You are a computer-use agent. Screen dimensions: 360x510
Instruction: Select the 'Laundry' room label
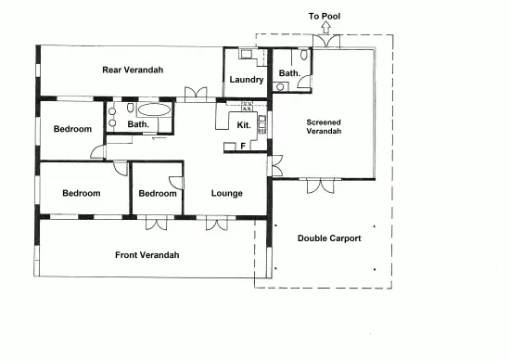click(247, 80)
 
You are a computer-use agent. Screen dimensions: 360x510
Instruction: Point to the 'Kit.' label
click(244, 124)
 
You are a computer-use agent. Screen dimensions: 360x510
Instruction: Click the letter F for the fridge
click(243, 146)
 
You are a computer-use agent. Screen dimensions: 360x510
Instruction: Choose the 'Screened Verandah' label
click(325, 126)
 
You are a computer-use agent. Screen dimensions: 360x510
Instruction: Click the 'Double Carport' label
click(329, 238)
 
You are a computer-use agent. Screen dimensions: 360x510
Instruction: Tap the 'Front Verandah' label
click(147, 255)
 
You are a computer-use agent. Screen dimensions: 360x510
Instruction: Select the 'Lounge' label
click(226, 193)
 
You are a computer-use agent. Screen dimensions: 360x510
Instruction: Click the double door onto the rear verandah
click(196, 94)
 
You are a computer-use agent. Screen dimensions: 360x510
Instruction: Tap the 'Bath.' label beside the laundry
click(289, 72)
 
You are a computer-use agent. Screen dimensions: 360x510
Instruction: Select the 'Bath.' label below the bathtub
click(138, 124)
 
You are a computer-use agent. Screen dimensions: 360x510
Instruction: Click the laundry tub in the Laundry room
click(246, 55)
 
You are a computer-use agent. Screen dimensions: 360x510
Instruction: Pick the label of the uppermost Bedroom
click(71, 129)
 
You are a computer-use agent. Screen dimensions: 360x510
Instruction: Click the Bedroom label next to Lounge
click(157, 193)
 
